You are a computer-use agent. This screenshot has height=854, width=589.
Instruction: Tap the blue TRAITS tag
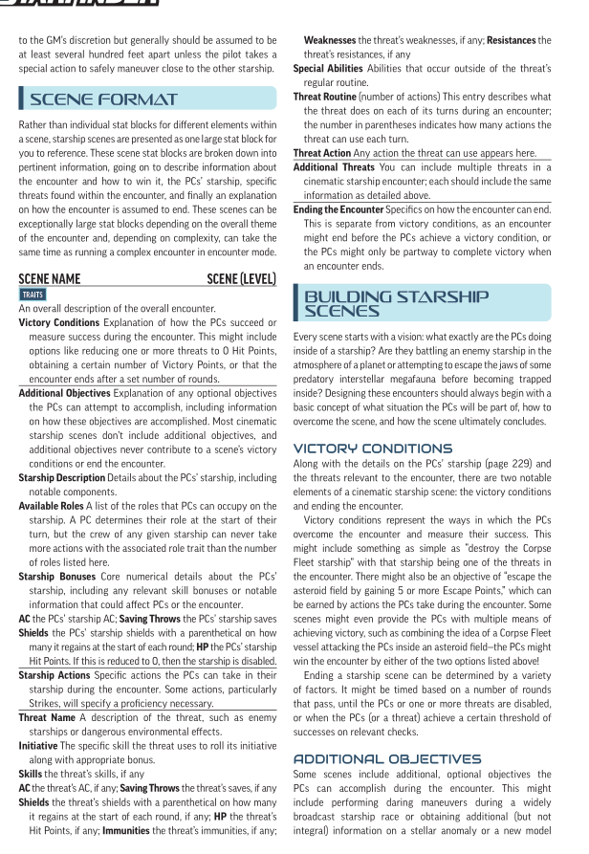click(x=32, y=295)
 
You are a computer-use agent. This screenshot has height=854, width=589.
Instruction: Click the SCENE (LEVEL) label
click(x=241, y=279)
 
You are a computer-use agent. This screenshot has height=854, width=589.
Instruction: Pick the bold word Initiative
click(x=40, y=744)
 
